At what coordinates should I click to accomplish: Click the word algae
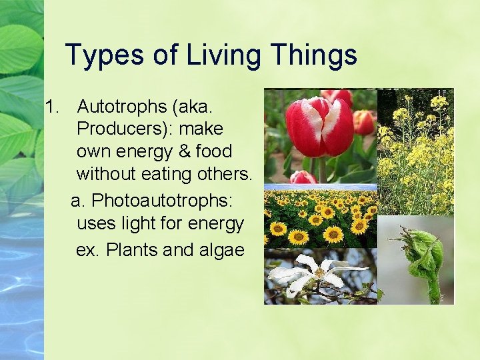coord(221,250)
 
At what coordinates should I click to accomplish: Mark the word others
coord(227,175)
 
